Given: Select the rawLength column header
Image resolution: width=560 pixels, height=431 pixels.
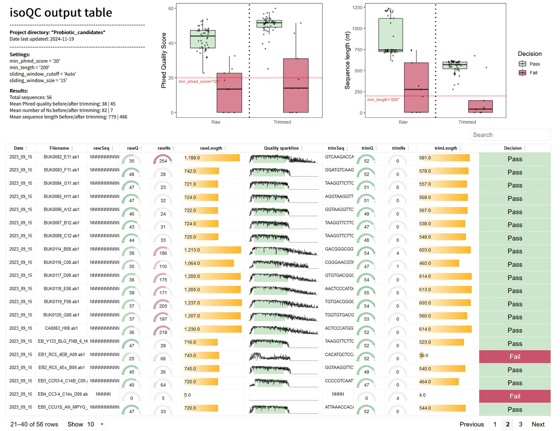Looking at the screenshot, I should [x=211, y=148].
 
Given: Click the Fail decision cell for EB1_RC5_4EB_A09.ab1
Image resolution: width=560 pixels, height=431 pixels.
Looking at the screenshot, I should [x=515, y=356].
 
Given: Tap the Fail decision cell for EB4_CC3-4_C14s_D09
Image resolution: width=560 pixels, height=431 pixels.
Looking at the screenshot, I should [x=515, y=396].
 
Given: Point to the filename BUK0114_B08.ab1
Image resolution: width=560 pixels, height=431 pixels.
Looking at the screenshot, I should [x=61, y=249].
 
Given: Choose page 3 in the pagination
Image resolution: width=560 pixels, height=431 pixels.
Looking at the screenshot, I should [x=520, y=424].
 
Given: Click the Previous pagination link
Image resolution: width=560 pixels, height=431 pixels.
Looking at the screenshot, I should [x=471, y=424].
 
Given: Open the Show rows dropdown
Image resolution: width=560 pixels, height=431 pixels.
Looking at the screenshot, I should [x=95, y=424].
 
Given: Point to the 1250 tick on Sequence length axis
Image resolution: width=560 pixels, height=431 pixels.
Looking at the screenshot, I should [x=357, y=8].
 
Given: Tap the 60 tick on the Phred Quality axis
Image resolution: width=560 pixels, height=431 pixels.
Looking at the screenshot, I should [x=171, y=9].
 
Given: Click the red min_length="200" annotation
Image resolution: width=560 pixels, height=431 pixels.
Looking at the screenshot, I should [x=383, y=99].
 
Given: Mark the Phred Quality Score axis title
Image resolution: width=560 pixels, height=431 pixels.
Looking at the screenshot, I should [x=164, y=60].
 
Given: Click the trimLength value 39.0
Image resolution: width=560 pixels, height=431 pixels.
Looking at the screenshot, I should [x=423, y=355].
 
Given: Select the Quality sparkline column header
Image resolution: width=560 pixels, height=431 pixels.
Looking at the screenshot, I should [x=281, y=148].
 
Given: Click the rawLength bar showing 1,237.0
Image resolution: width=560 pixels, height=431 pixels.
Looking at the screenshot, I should [x=213, y=303].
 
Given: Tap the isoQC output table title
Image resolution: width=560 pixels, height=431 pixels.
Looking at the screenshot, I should [x=61, y=13].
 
